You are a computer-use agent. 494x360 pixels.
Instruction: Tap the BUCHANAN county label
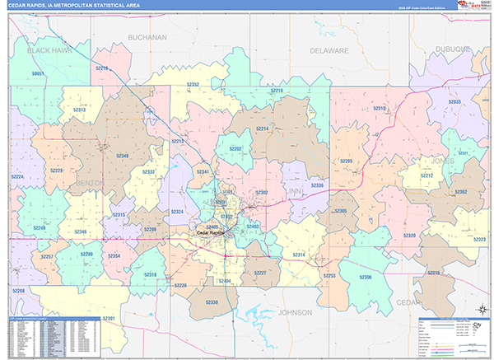(148, 37)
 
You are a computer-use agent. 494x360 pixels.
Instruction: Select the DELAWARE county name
(329, 50)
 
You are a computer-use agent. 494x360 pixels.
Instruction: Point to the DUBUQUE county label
(452, 49)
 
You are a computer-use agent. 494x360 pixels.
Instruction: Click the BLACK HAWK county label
(49, 50)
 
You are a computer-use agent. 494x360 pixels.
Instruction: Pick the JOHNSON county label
(296, 313)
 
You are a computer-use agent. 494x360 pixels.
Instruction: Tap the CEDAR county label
(408, 302)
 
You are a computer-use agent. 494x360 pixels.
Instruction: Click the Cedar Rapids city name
(212, 232)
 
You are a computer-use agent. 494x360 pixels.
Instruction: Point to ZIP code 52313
(79, 109)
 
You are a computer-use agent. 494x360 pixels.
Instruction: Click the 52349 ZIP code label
(122, 155)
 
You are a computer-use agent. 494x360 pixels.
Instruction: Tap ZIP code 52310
(380, 108)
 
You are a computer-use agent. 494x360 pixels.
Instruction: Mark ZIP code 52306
(366, 277)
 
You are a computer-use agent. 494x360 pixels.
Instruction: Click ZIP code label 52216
(434, 272)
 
